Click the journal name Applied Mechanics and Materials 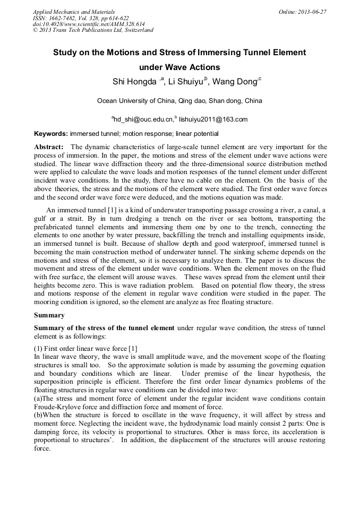pos(73,12)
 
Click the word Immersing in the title pos(228,53)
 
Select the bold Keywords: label pos(51,134)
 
